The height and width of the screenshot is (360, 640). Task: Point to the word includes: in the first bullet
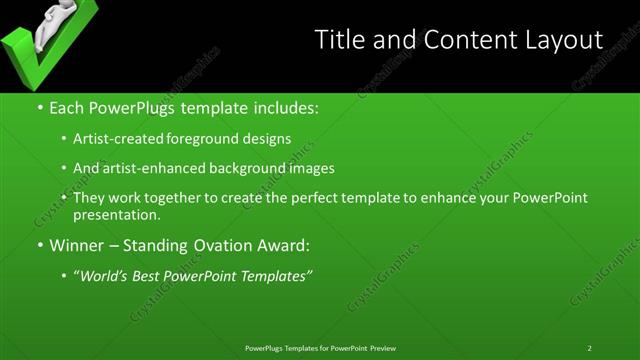tap(284, 106)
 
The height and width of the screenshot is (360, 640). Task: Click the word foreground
tap(215, 138)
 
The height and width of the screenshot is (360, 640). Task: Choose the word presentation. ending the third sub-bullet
tap(117, 215)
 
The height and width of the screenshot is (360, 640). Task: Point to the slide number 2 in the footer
tap(590, 348)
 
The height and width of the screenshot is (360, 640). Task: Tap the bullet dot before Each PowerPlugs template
tap(40, 106)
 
